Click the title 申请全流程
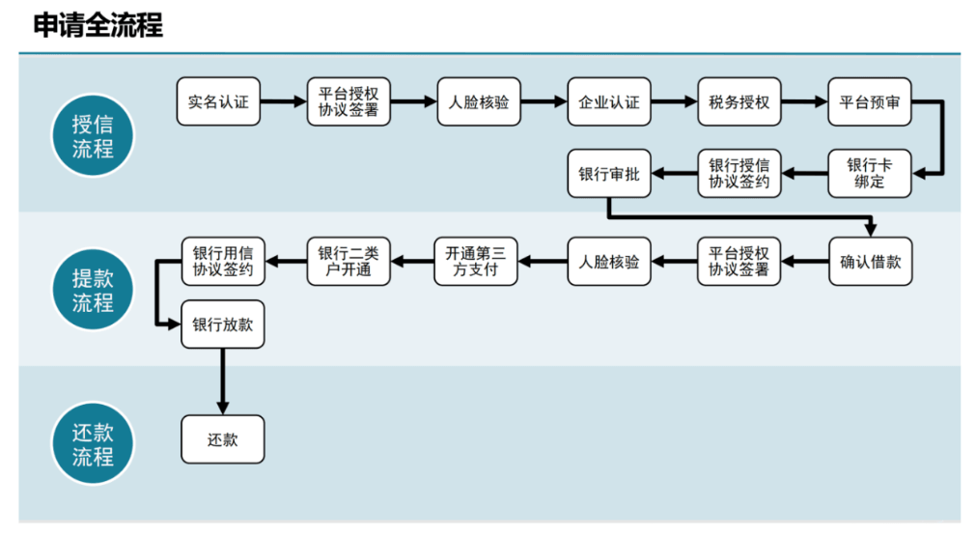pyautogui.click(x=98, y=25)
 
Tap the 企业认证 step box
pyautogui.click(x=608, y=101)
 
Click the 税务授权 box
pyautogui.click(x=739, y=101)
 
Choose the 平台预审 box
pyautogui.click(x=870, y=101)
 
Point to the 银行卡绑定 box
pyautogui.click(x=870, y=173)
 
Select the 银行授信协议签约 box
pyautogui.click(x=739, y=173)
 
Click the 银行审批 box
pyautogui.click(x=608, y=174)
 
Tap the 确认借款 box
pyautogui.click(x=870, y=261)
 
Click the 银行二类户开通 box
pyautogui.click(x=349, y=261)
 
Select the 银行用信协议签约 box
pyautogui.click(x=222, y=261)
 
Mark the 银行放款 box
pyautogui.click(x=222, y=324)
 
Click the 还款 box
pyautogui.click(x=222, y=439)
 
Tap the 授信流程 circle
pyautogui.click(x=93, y=136)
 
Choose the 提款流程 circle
pyautogui.click(x=93, y=291)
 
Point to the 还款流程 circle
pyautogui.click(x=93, y=445)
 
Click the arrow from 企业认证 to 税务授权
pyautogui.click(x=673, y=101)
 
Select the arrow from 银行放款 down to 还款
pyautogui.click(x=222, y=381)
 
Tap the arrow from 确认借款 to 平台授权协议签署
pyautogui.click(x=804, y=261)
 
